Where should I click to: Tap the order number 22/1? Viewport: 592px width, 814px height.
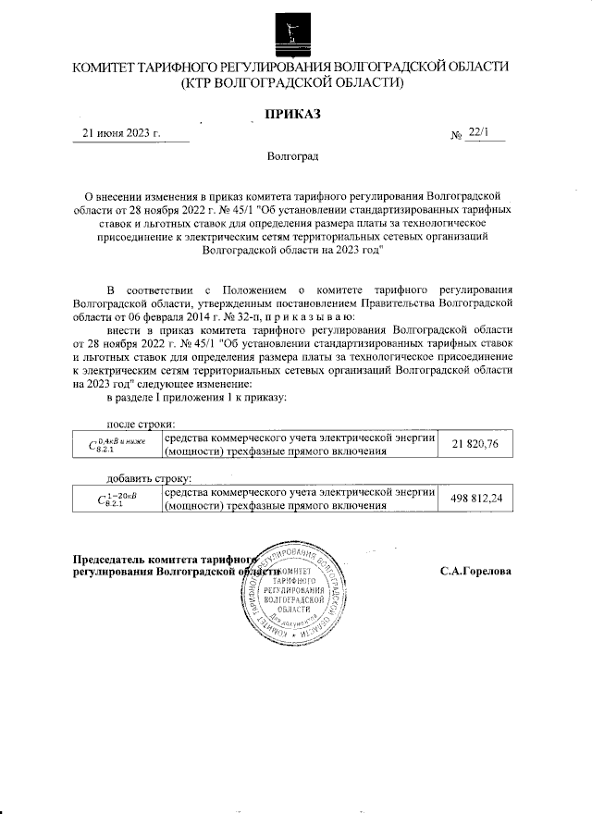coord(479,133)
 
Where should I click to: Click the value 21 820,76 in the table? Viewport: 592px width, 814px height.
coord(475,445)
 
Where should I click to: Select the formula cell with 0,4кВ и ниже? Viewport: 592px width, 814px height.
coord(117,445)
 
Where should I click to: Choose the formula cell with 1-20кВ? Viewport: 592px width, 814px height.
coord(117,499)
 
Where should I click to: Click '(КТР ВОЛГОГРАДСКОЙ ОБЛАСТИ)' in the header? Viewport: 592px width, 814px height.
coord(292,83)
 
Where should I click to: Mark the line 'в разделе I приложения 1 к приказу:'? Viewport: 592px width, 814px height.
coord(200,397)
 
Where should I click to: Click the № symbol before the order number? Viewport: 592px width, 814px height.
coord(455,136)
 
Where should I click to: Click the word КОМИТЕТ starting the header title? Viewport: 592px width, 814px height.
coord(113,68)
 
